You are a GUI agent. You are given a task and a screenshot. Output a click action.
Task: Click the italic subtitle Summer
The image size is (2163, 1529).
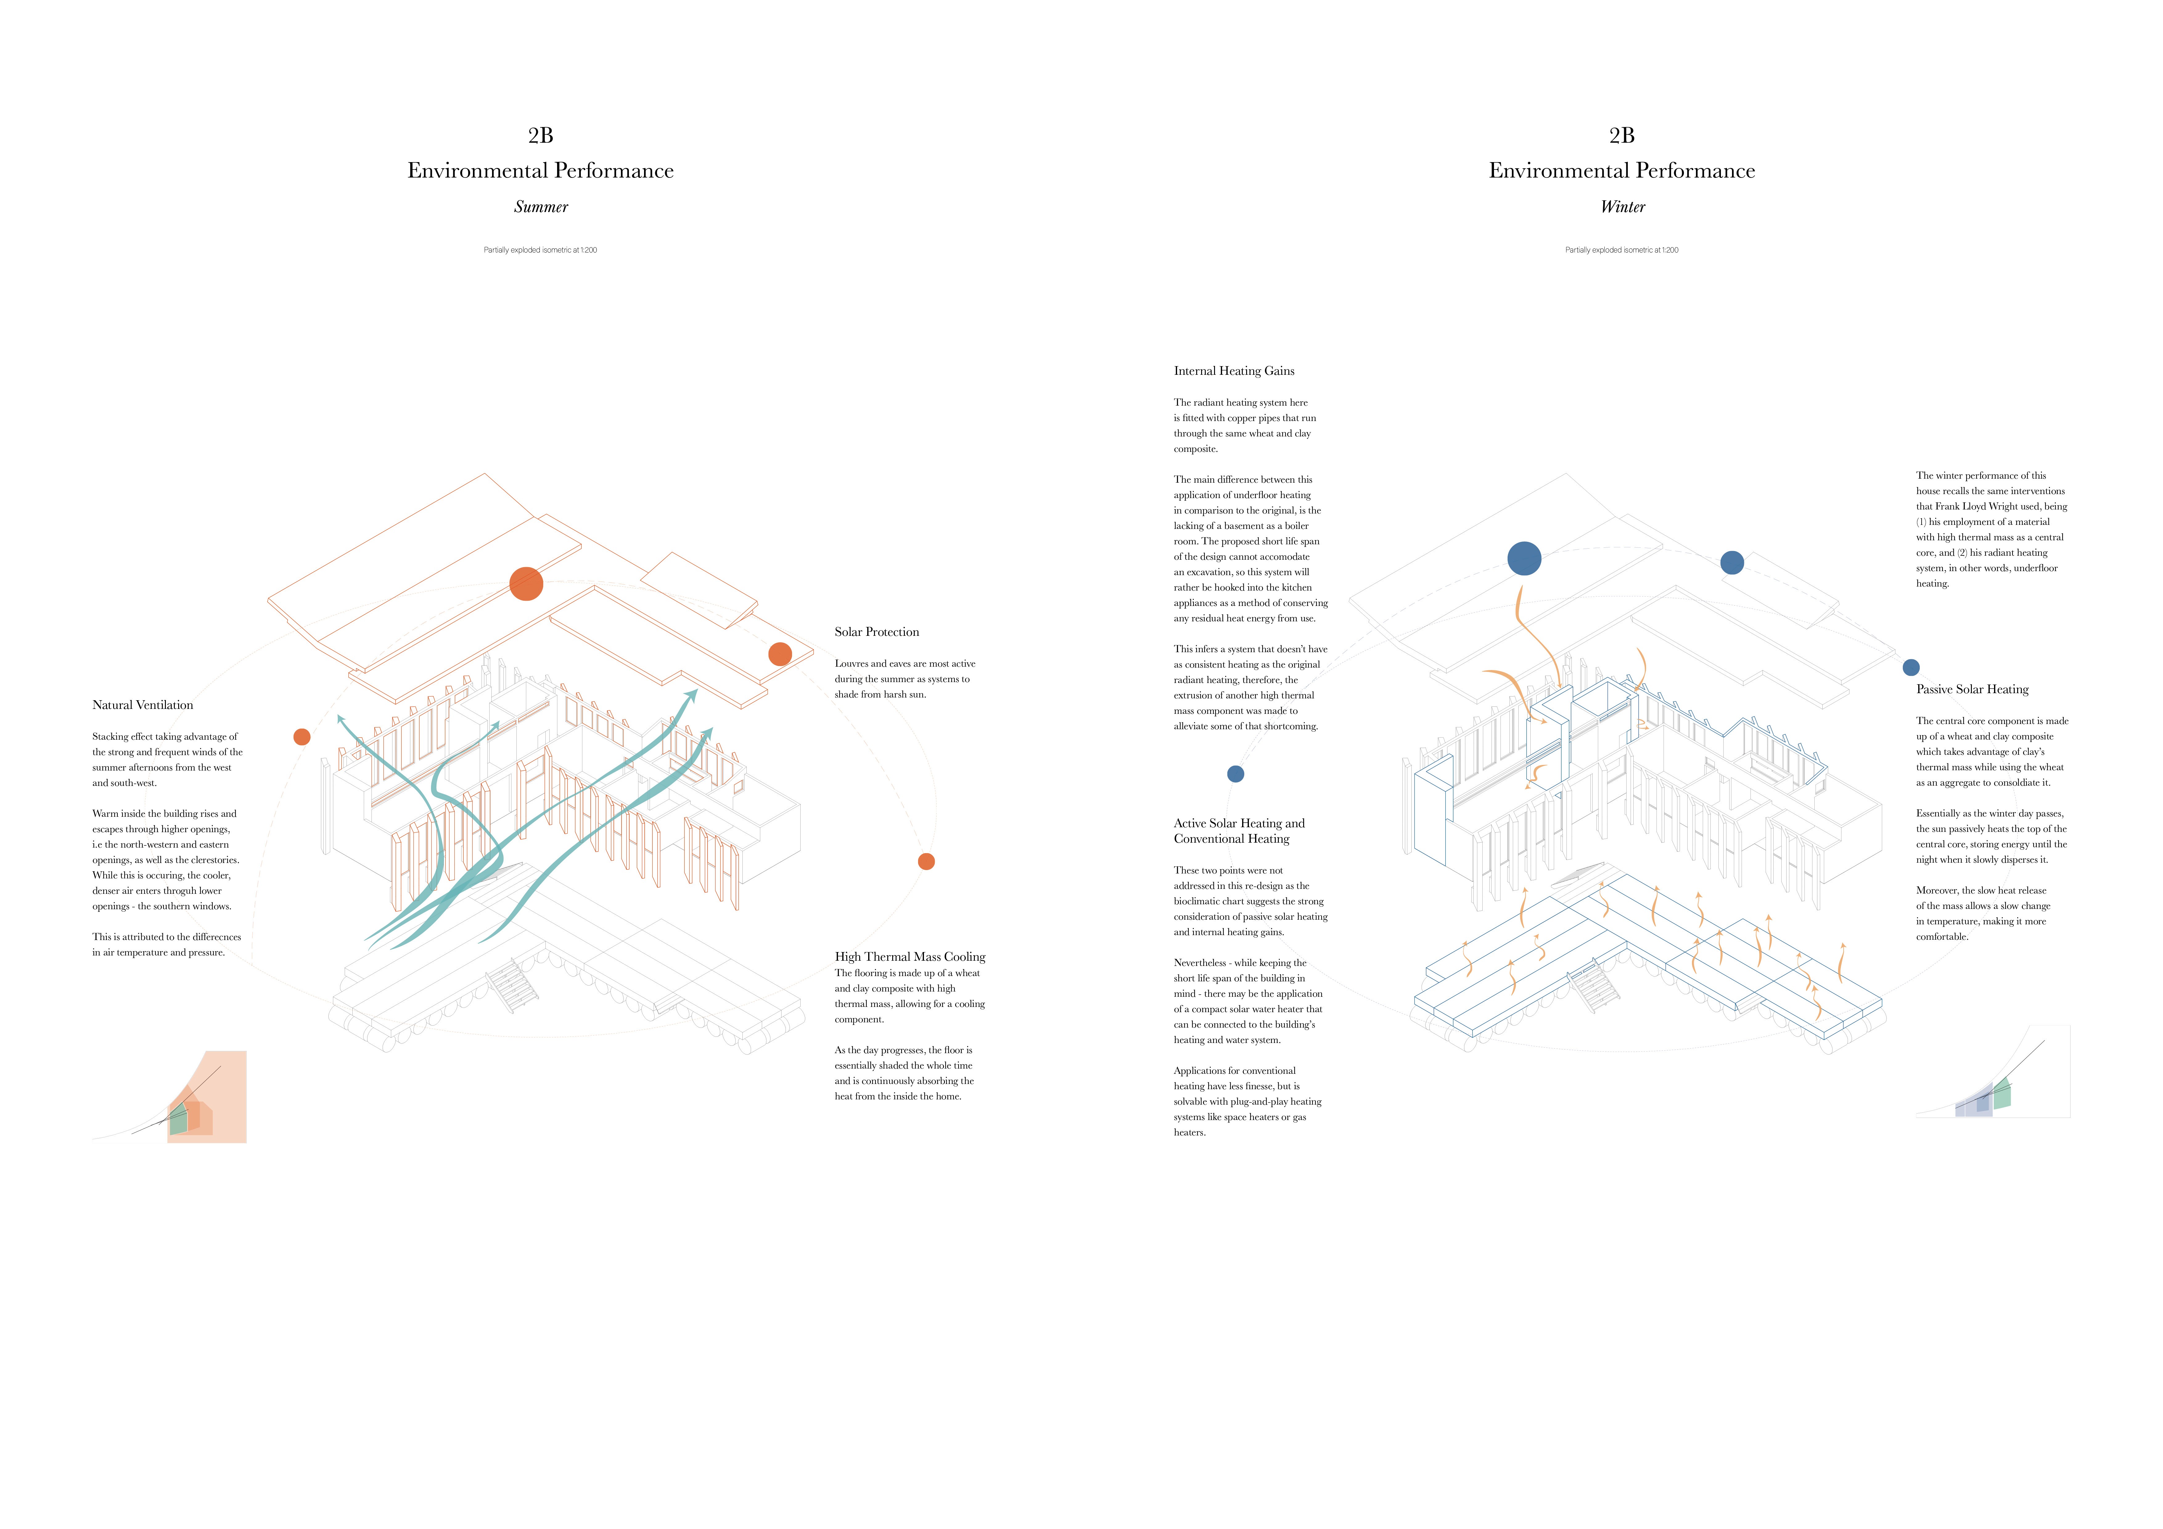pyautogui.click(x=541, y=207)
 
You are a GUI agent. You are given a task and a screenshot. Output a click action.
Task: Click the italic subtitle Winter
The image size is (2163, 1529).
pyautogui.click(x=1622, y=207)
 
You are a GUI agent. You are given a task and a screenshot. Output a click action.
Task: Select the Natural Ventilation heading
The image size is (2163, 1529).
pyautogui.click(x=142, y=705)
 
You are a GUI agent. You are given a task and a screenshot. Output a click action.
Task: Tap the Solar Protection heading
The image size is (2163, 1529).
pyautogui.click(x=876, y=632)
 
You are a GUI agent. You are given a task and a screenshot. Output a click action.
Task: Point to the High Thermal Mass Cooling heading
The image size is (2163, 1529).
pyautogui.click(x=909, y=956)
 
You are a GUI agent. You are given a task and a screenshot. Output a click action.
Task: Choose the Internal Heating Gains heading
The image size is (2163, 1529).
pyautogui.click(x=1233, y=371)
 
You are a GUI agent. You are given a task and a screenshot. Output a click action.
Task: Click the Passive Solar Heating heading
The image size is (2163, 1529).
pyautogui.click(x=1972, y=689)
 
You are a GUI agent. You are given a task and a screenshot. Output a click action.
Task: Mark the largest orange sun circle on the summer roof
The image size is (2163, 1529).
pyautogui.click(x=526, y=584)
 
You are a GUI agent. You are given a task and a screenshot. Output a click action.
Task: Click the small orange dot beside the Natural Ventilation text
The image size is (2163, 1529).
pyautogui.click(x=302, y=737)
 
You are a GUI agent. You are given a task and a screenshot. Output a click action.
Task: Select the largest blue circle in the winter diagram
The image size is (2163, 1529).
pyautogui.click(x=1523, y=559)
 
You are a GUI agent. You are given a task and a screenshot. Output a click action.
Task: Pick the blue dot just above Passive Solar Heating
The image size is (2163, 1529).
pyautogui.click(x=1911, y=667)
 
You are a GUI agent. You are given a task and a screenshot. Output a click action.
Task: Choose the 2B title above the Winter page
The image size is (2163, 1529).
pyautogui.click(x=1621, y=136)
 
